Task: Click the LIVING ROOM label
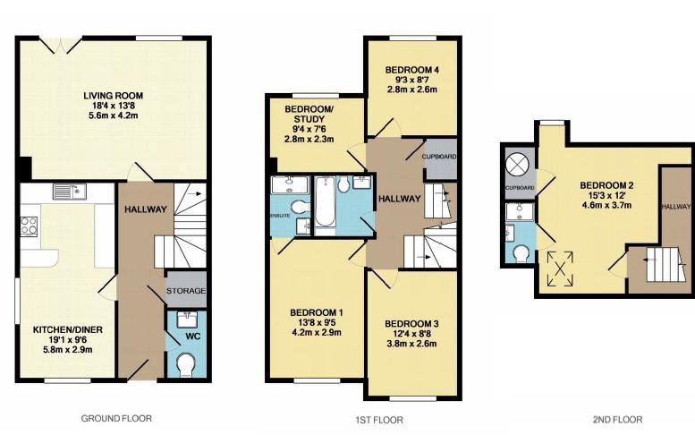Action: click(114, 96)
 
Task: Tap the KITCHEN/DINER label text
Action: click(68, 330)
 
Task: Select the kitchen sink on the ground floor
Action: click(70, 192)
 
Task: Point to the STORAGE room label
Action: click(186, 291)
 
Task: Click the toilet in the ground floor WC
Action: click(186, 365)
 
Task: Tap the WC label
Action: click(193, 337)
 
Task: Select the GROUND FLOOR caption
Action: click(116, 418)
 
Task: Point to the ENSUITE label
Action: click(280, 216)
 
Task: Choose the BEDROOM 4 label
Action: click(411, 70)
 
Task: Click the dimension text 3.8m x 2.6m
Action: click(411, 344)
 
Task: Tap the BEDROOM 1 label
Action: click(316, 312)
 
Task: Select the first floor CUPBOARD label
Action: click(439, 157)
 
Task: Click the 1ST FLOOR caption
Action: click(379, 420)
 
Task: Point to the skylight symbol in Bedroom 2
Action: click(560, 269)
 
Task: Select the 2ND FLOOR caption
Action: click(617, 419)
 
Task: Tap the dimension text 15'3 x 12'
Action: click(606, 195)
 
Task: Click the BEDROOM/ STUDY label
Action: click(309, 114)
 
